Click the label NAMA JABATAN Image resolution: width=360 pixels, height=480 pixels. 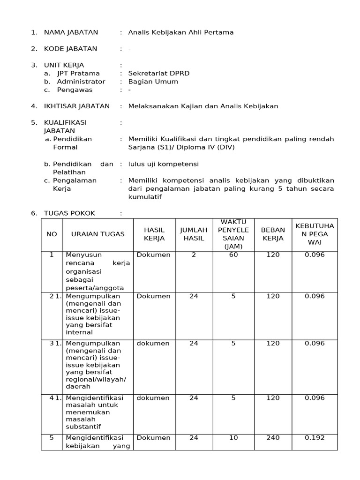click(x=71, y=32)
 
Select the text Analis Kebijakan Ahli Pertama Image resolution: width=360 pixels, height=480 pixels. click(x=180, y=32)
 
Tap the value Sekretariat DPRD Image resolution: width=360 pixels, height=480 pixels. click(x=158, y=73)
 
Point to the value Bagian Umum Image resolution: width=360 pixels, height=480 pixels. click(x=153, y=82)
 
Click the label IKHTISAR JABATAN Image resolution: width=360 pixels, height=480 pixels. click(x=76, y=106)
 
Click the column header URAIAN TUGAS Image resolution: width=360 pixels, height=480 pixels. click(x=97, y=234)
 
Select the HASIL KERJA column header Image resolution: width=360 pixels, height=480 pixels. click(x=154, y=234)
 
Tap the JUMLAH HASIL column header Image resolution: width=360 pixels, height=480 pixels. click(x=194, y=234)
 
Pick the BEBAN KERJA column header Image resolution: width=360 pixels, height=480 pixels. click(x=273, y=234)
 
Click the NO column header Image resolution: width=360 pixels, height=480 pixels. click(x=51, y=234)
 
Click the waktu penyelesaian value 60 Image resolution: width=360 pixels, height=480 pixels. click(x=233, y=255)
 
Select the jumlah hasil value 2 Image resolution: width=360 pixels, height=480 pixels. click(x=194, y=255)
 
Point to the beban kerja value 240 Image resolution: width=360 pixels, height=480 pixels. click(x=273, y=437)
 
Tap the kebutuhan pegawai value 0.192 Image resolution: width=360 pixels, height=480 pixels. click(x=315, y=437)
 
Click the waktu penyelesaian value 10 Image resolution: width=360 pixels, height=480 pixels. click(x=233, y=437)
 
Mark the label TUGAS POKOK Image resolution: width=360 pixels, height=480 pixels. click(x=69, y=213)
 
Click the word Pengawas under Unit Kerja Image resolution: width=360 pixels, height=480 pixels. click(x=75, y=90)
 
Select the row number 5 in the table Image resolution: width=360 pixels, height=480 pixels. click(x=52, y=437)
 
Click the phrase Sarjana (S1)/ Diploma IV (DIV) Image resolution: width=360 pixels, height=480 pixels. click(x=181, y=147)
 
